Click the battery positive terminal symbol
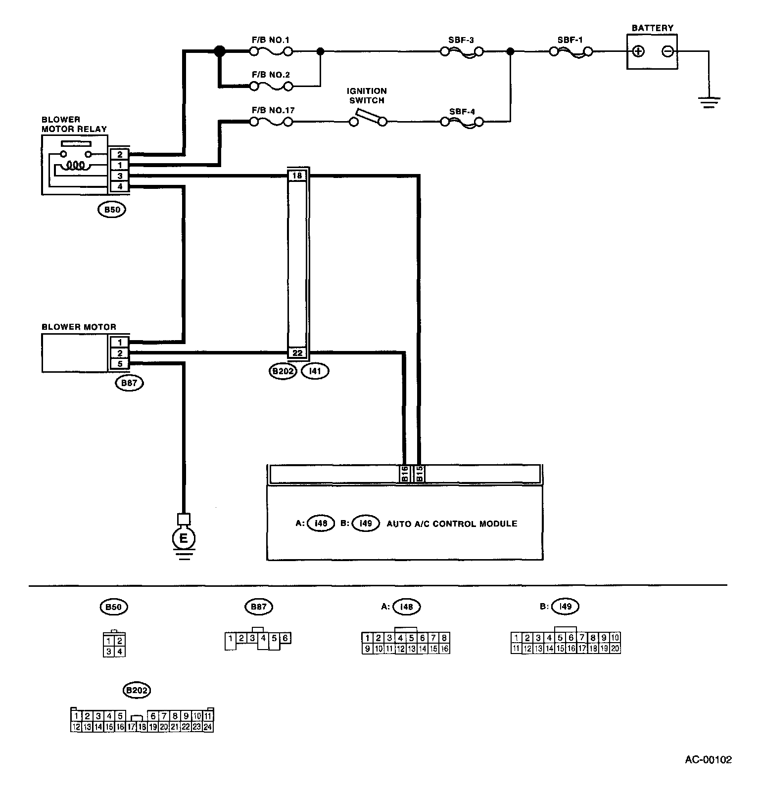639,51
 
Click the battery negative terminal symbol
667,51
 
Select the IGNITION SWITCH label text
367,95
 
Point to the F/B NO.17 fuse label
273,110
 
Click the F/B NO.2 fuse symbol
271,87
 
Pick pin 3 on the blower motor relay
120,176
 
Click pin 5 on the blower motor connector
120,364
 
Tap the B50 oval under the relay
112,210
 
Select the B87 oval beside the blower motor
129,383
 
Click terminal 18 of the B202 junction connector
297,175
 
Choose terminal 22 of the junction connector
297,353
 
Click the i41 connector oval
315,371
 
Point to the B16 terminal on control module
405,474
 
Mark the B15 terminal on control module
419,474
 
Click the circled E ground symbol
184,538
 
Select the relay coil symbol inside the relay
75,165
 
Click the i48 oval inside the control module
322,524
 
